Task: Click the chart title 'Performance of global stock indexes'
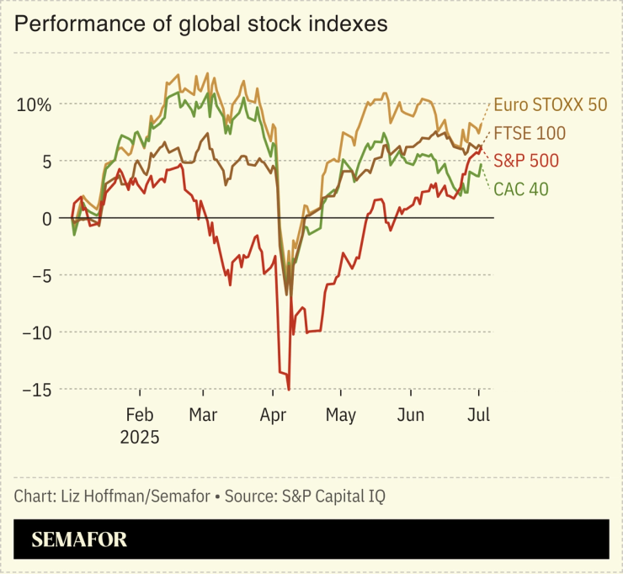[x=201, y=24]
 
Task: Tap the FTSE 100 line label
[x=530, y=133]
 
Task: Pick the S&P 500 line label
[x=526, y=161]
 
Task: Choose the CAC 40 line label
[x=520, y=189]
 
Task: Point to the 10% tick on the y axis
[x=35, y=104]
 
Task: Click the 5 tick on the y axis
[x=47, y=162]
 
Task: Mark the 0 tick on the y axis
[x=47, y=219]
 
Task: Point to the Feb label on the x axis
[x=140, y=416]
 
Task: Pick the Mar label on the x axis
[x=203, y=416]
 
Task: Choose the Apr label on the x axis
[x=273, y=416]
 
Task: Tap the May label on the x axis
[x=341, y=416]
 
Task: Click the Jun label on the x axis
[x=411, y=416]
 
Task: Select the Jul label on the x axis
[x=479, y=416]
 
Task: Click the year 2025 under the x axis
[x=140, y=438]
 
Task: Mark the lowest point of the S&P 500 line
[x=289, y=389]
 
